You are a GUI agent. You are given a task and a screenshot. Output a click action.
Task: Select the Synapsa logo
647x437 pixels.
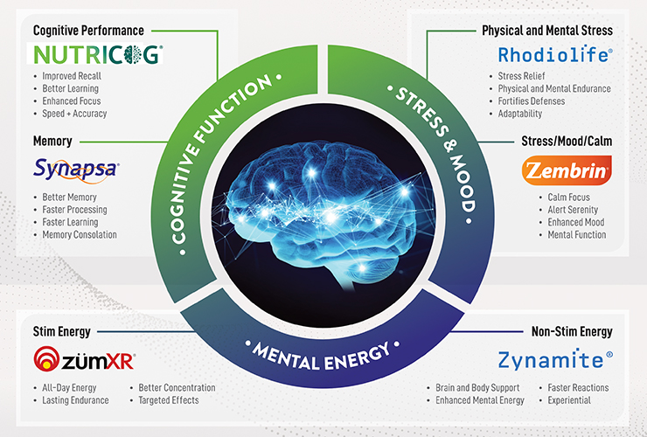76,170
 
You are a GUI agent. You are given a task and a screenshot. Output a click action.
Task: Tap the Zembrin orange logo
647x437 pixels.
567,170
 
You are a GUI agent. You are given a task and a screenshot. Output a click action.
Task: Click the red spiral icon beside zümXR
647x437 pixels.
46,358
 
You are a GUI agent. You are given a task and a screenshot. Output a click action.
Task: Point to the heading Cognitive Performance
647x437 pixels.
88,31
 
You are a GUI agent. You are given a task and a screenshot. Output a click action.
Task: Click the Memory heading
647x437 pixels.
52,141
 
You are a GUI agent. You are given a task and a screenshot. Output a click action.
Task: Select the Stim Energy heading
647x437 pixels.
62,331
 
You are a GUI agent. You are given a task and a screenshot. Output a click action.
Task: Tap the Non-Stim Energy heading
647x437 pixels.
572,331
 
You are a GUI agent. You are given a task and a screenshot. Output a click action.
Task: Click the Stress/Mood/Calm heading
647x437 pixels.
567,141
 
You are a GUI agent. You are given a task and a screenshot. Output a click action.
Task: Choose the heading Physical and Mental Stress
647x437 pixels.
547,31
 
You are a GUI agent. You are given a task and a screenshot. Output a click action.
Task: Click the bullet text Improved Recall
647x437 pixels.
72,76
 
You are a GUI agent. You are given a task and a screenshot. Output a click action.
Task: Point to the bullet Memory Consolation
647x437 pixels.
80,235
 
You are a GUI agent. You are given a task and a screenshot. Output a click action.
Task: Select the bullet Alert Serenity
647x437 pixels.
573,210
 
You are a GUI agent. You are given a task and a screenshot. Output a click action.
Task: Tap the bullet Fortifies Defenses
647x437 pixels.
532,101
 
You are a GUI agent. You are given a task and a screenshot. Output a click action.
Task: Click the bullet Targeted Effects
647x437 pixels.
169,400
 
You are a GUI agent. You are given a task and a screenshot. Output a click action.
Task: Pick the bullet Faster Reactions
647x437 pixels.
578,388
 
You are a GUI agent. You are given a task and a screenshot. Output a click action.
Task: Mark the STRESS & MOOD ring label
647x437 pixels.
436,149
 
